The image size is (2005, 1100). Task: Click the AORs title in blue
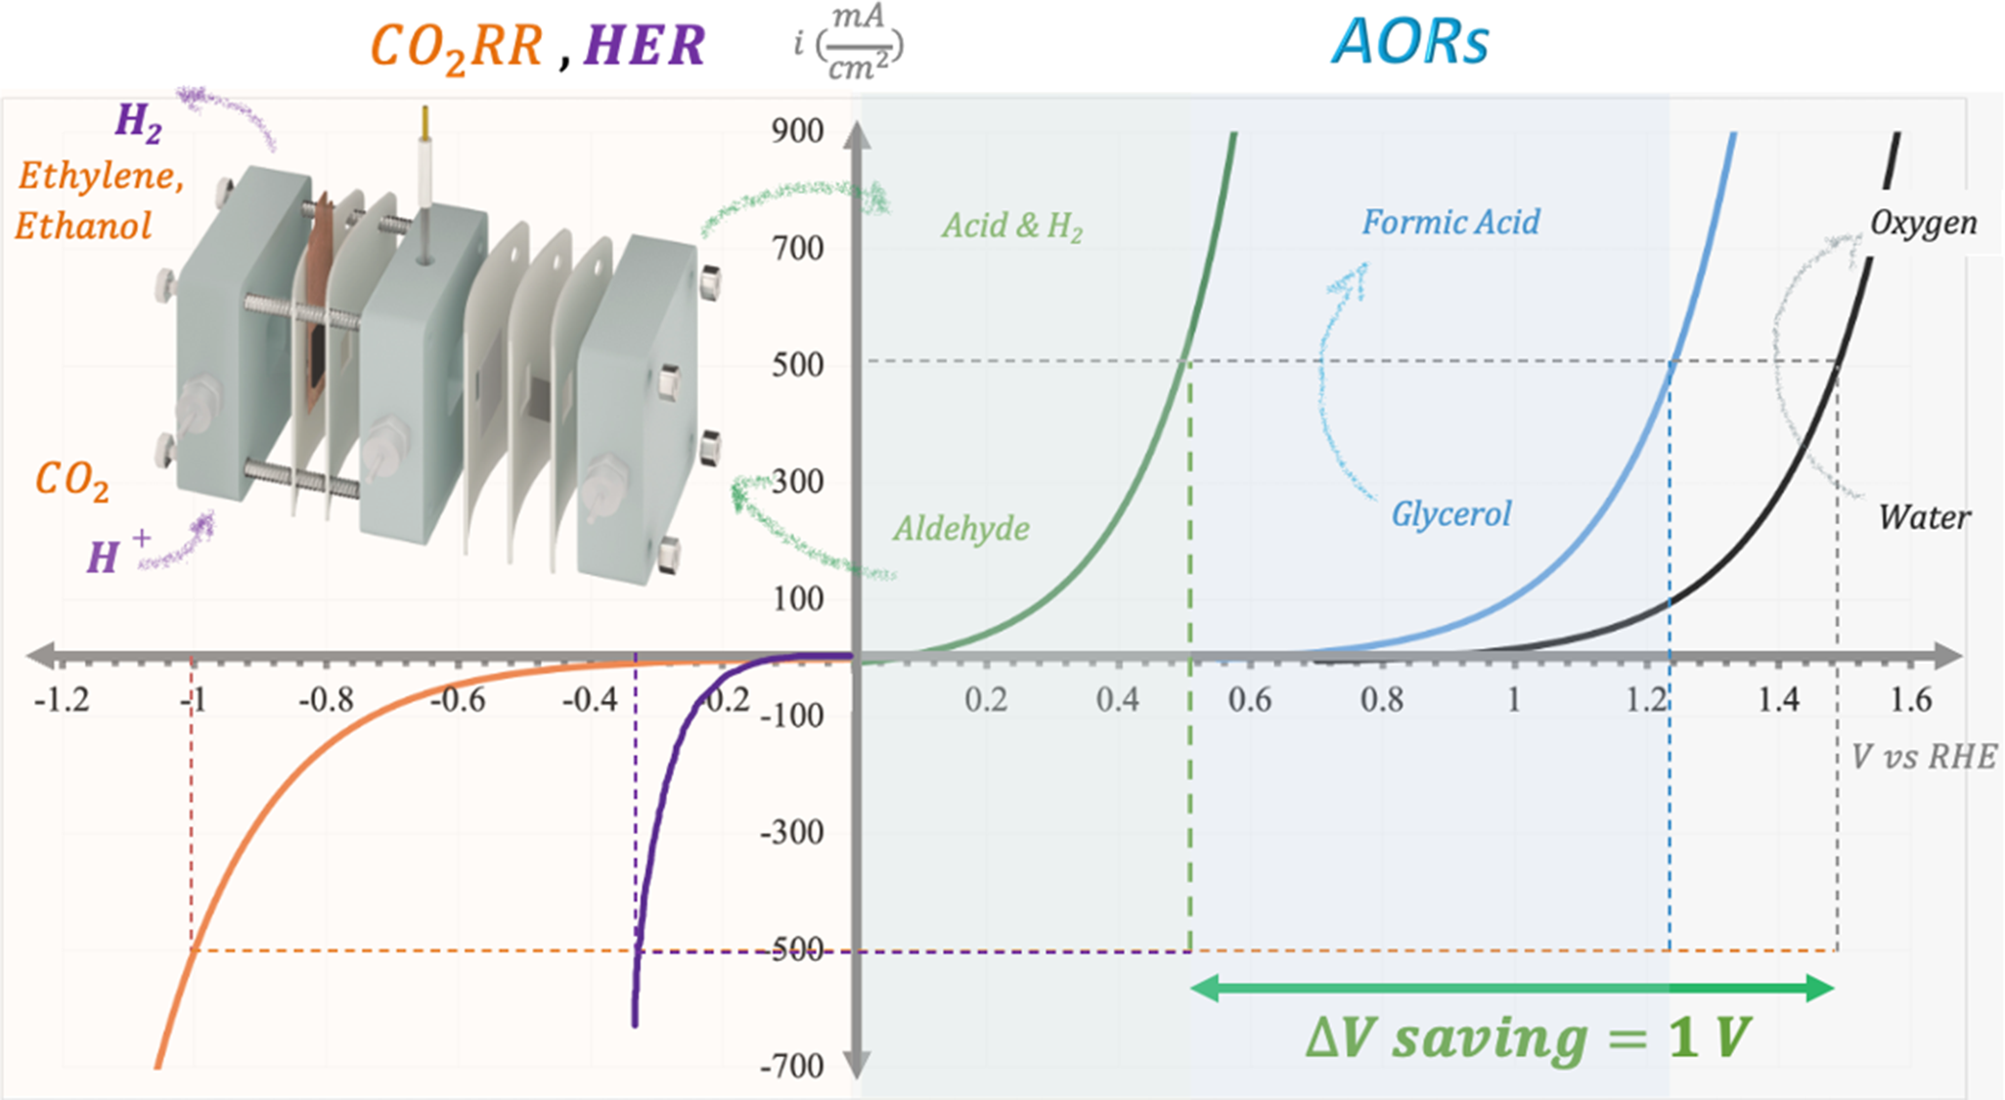[1410, 43]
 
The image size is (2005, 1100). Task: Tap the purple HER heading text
[645, 45]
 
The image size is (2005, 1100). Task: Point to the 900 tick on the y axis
[797, 131]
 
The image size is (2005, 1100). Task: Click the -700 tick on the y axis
[791, 1066]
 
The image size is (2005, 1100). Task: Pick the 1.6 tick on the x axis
[1910, 700]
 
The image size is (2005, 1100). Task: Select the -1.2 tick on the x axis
[62, 700]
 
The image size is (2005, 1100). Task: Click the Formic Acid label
[1451, 222]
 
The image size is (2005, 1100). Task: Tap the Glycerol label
[1451, 514]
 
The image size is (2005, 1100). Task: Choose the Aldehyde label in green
[961, 529]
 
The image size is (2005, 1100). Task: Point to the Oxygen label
[1924, 223]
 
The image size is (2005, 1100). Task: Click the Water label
[1925, 517]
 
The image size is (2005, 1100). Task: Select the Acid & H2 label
[1012, 227]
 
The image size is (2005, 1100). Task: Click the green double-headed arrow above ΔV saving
[1512, 988]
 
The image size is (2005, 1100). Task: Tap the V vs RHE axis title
[1924, 757]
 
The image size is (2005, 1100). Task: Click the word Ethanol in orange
[83, 226]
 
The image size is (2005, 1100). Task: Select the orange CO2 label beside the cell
[71, 481]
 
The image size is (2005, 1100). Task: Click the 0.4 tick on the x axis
[1117, 700]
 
